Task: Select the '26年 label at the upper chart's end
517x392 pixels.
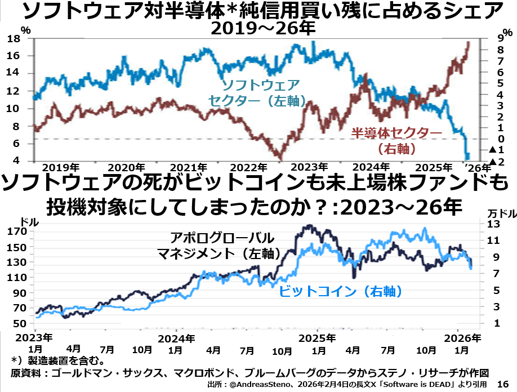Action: click(x=477, y=167)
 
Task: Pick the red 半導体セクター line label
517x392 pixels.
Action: click(x=398, y=133)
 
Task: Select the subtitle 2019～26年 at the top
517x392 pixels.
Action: click(x=258, y=29)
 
